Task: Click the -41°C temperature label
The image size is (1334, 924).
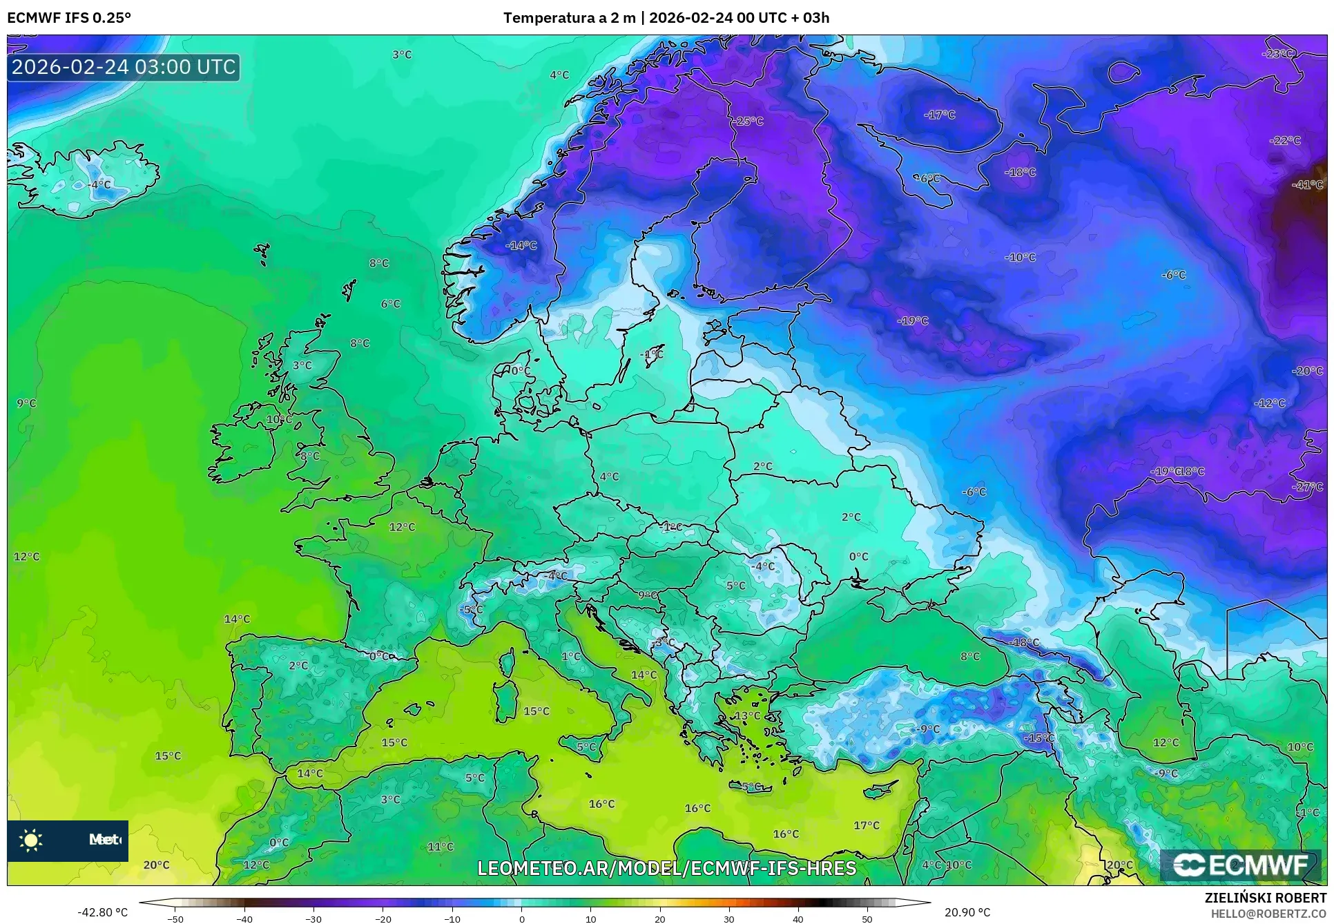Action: pos(1307,184)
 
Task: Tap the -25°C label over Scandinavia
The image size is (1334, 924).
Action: pos(748,121)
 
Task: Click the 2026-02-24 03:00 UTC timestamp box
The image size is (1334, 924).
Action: pos(124,67)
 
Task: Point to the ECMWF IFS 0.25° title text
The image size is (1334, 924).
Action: pos(68,18)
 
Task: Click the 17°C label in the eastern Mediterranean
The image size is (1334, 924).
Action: pos(866,825)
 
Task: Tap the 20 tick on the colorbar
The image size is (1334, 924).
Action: pos(659,918)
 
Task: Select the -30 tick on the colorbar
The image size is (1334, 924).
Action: pos(313,918)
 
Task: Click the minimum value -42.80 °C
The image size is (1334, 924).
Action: pos(102,912)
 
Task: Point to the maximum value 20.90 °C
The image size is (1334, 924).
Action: pos(967,912)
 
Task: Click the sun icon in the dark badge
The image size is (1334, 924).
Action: pos(31,840)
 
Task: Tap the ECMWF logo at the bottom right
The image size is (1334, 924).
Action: pos(1240,865)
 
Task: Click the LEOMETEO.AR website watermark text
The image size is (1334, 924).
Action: pos(666,868)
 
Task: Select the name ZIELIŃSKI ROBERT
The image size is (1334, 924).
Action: pos(1265,898)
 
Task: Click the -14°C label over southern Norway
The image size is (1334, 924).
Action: pos(521,245)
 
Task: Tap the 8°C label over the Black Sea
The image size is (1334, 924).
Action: pos(969,656)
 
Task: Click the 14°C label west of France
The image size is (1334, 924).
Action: pos(237,619)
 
